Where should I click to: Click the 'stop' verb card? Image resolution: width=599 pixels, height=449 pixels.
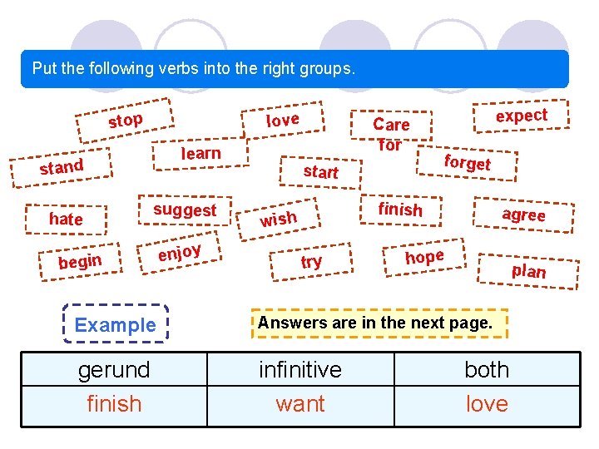125,121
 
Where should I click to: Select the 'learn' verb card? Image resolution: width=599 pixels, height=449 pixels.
200,153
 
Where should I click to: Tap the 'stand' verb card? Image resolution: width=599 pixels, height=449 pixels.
62,167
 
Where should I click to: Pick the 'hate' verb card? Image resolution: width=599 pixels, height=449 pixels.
66,219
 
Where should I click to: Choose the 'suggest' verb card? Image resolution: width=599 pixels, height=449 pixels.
184,210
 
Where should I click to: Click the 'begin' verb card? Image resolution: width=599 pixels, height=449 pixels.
80,262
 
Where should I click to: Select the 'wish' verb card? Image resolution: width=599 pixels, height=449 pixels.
278,219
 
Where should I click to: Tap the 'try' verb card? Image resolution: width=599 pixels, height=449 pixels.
311,262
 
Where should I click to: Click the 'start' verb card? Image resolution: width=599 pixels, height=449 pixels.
320,171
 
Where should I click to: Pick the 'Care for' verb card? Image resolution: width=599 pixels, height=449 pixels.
390,134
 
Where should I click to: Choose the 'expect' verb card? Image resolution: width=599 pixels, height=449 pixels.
522,116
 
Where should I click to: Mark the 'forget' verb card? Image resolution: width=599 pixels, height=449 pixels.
467,162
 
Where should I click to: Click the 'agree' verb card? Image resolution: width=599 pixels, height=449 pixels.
523,214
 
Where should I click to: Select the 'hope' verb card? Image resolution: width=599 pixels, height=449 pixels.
424,257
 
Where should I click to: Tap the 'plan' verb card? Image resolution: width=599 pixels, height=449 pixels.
529,270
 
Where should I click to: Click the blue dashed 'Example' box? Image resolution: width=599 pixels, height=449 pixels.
115,325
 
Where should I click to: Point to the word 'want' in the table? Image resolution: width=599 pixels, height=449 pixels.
300,404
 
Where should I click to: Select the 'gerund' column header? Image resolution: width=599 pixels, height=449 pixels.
114,369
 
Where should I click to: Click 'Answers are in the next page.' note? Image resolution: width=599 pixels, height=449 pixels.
375,322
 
